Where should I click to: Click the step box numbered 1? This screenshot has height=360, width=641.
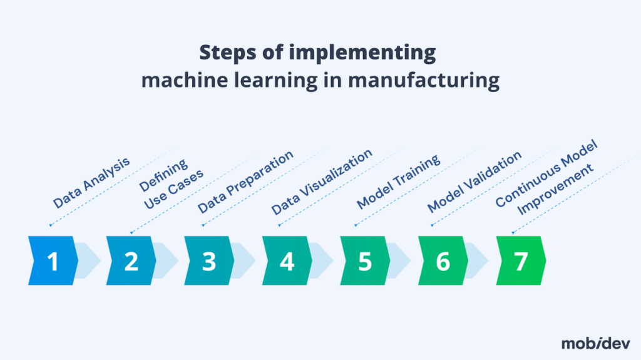[x=53, y=260]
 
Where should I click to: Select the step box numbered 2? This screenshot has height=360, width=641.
[x=131, y=260]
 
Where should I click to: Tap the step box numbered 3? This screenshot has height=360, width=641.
[x=209, y=260]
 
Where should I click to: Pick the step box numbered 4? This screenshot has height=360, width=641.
[x=287, y=260]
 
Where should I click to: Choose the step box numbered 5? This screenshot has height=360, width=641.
[x=365, y=260]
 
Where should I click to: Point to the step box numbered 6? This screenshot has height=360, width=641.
[x=443, y=260]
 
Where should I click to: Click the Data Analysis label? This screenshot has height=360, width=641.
[x=91, y=182]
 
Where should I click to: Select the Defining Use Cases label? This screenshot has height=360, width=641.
[x=171, y=185]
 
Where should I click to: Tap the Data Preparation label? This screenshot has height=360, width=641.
[x=245, y=182]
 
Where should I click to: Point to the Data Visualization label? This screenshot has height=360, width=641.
[x=322, y=182]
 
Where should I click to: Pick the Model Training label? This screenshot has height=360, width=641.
[x=398, y=182]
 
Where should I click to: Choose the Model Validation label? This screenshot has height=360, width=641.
[x=474, y=182]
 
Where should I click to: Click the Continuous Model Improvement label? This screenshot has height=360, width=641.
[x=546, y=178]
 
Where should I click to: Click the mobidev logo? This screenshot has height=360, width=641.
[x=596, y=343]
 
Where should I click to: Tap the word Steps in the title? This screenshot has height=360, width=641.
[x=228, y=53]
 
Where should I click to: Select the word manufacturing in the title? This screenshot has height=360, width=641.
[x=424, y=80]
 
